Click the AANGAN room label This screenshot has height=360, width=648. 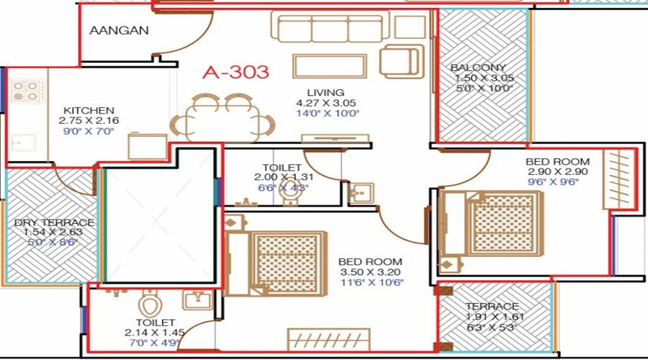click(x=120, y=30)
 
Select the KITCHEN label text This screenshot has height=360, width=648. click(x=89, y=110)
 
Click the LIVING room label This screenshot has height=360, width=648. click(x=325, y=92)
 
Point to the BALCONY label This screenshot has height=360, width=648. click(x=478, y=68)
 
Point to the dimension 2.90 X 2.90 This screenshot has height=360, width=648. click(x=557, y=172)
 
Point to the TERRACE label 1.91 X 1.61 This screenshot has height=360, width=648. click(x=492, y=306)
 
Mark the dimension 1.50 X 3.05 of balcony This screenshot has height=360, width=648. click(x=482, y=78)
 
